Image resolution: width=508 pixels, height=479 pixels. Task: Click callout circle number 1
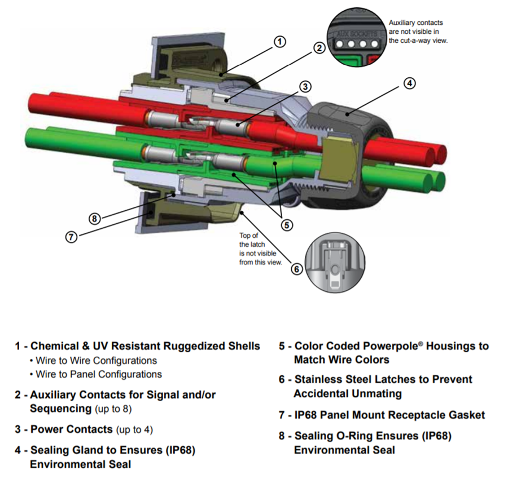[x=281, y=41]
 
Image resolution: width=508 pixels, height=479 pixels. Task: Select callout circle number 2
[x=319, y=48]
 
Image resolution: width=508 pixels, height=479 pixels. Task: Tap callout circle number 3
[x=305, y=86]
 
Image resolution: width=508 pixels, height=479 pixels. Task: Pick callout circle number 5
[x=287, y=225]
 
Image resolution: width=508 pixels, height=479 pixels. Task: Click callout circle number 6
[x=297, y=268]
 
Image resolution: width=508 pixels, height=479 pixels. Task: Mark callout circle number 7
[x=71, y=237]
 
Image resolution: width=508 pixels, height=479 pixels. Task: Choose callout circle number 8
[x=96, y=219]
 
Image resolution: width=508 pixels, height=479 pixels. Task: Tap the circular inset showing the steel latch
[x=336, y=265]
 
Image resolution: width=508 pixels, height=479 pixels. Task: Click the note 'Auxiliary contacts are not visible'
[x=418, y=32]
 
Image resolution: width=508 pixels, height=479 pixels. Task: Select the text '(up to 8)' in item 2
[x=113, y=408]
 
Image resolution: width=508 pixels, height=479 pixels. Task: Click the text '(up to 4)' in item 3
[x=134, y=429]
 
